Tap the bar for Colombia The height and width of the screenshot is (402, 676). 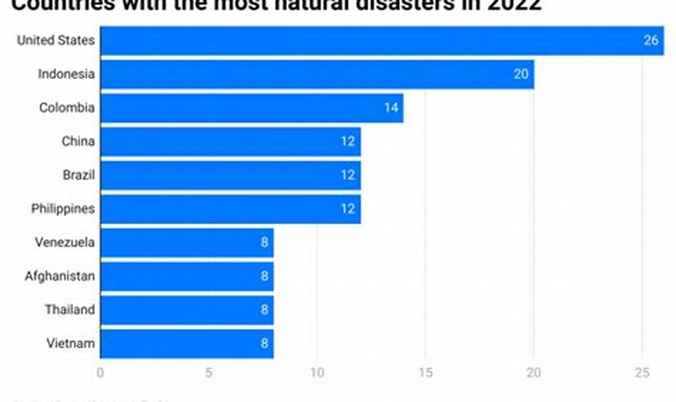tap(251, 108)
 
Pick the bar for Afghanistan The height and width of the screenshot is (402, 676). tap(186, 276)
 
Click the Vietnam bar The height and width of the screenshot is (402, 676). tap(186, 343)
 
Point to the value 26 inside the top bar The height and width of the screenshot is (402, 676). tap(651, 41)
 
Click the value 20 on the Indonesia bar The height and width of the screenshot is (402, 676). tap(521, 74)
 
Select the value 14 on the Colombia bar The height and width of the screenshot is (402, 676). tap(391, 108)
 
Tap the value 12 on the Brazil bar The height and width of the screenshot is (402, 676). tap(348, 175)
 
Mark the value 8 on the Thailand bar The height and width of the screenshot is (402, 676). tap(264, 310)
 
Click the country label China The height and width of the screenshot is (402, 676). tap(78, 141)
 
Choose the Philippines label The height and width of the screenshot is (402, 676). tap(63, 208)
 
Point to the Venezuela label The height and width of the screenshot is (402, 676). tap(65, 242)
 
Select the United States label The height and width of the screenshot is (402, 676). tap(56, 41)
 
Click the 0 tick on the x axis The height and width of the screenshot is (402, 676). tap(101, 373)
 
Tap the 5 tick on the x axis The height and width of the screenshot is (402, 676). tap(209, 373)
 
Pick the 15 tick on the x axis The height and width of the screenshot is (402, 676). tap(425, 373)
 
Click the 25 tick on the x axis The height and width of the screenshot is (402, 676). tap(642, 373)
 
